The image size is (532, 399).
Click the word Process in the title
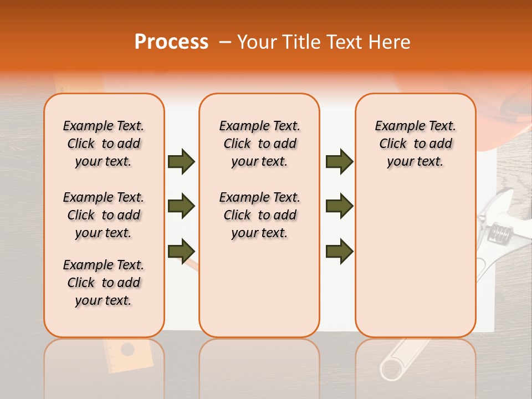[171, 42]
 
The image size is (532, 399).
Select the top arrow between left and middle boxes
[181, 162]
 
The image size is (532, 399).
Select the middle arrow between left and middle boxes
[181, 206]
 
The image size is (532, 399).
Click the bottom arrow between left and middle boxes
[181, 250]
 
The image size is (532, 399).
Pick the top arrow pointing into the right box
[339, 162]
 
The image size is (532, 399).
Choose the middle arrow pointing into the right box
[339, 206]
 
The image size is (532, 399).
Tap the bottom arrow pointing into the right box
[339, 250]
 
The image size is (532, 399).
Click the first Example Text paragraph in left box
[104, 144]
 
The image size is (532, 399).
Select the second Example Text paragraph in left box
[104, 215]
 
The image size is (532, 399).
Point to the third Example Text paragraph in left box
[104, 283]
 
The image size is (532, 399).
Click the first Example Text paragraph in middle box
[259, 144]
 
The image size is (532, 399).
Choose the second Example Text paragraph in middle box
[259, 215]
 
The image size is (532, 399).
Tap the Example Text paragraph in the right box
[415, 144]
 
